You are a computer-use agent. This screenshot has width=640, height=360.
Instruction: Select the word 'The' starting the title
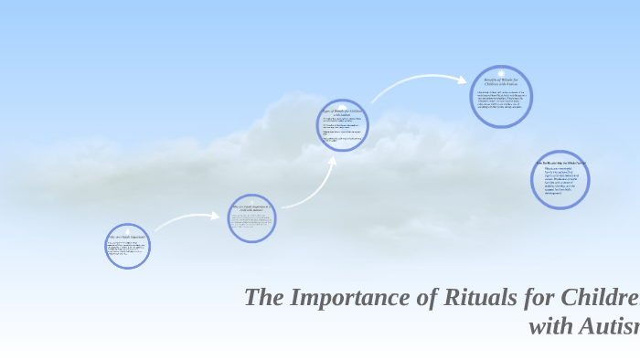point(264,298)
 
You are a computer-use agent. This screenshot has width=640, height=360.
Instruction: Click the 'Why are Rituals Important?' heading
point(127,237)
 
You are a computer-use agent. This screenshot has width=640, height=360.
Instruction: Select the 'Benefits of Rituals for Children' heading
point(501,82)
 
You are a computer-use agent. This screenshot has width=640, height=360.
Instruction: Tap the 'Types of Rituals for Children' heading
point(342,111)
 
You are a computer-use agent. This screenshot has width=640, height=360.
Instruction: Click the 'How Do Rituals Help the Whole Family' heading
point(560,163)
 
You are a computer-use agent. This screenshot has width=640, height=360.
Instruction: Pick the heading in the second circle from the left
point(251,209)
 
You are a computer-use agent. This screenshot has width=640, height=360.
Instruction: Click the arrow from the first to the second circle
point(188,219)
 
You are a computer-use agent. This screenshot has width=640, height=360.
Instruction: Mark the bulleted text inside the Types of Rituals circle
point(342,130)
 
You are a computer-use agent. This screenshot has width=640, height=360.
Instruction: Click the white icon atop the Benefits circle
point(501,72)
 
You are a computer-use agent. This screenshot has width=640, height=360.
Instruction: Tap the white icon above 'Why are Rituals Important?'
point(127,228)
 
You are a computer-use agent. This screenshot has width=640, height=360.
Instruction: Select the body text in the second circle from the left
point(251,223)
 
